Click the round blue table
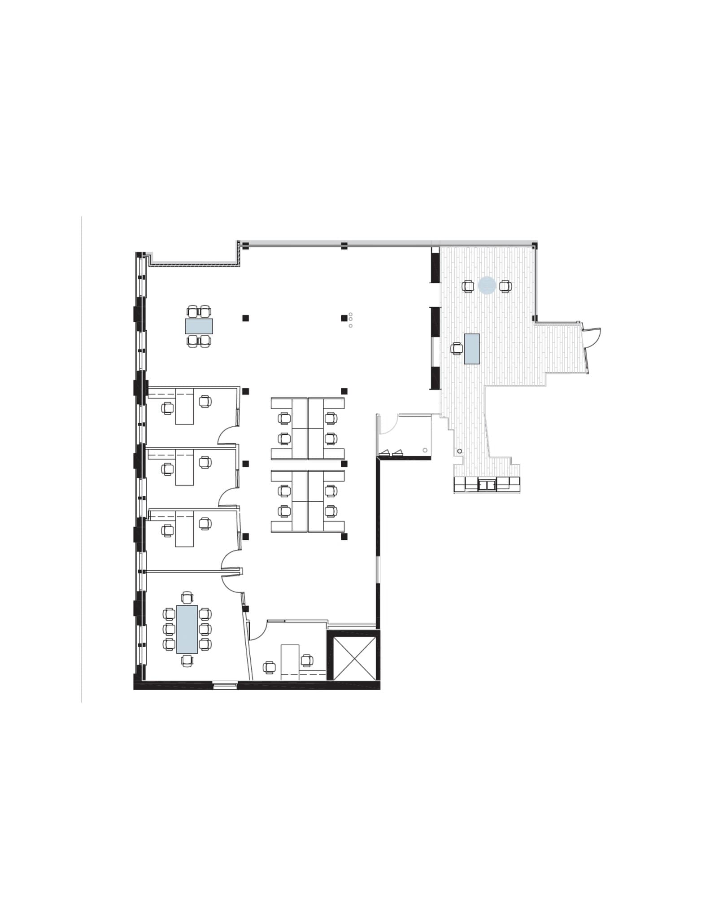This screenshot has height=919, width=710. point(487,285)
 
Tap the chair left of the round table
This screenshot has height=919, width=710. point(468,286)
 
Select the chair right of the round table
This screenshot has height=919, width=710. point(505,286)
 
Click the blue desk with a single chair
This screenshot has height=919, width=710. point(471,349)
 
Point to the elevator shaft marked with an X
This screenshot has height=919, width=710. point(354,658)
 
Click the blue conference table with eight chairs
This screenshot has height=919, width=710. point(187,629)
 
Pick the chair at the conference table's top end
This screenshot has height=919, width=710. point(187,597)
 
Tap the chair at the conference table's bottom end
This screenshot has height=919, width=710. point(187,660)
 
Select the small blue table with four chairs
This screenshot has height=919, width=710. point(199,326)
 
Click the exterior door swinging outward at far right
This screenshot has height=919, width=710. point(592,337)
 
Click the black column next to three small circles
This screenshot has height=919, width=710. point(344,318)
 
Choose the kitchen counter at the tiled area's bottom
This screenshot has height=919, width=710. point(487,485)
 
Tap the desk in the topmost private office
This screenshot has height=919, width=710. point(184,407)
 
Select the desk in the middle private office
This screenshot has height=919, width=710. point(184,468)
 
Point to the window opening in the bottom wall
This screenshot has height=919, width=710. point(225,685)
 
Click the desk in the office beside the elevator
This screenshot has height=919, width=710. point(290,662)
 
